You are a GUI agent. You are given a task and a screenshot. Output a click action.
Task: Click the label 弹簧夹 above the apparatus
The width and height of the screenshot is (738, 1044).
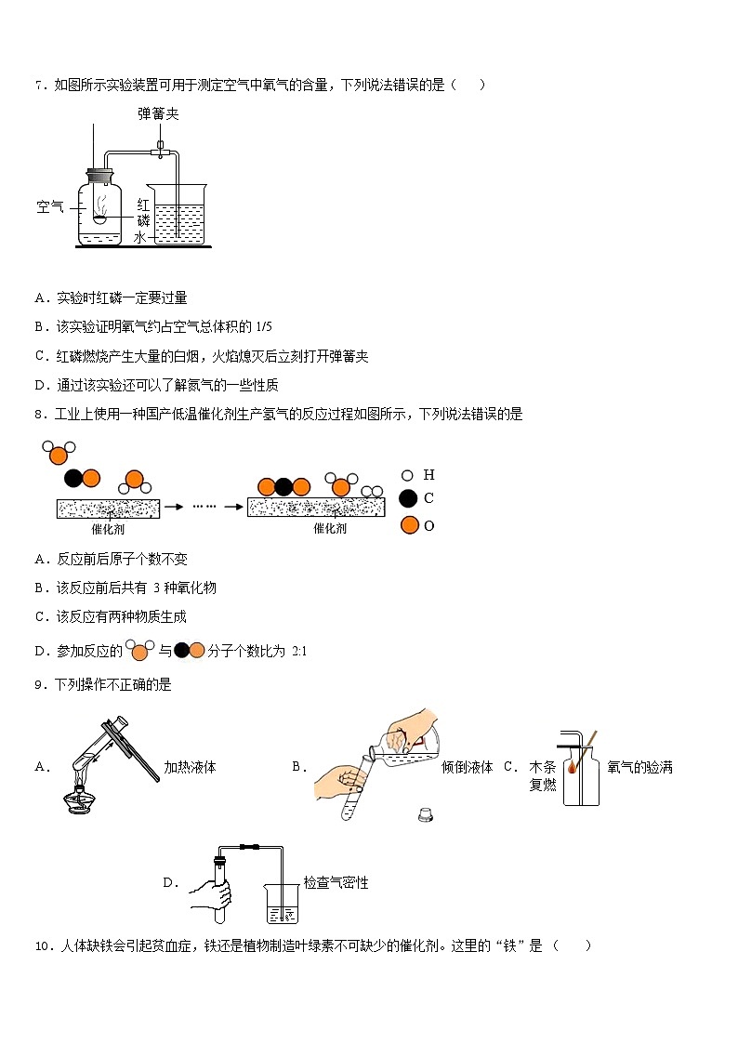click(x=158, y=113)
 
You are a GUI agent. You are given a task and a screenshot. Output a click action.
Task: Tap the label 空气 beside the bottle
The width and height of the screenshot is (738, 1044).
click(x=50, y=207)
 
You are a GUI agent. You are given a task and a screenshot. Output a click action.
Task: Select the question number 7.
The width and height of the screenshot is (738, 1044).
click(x=40, y=86)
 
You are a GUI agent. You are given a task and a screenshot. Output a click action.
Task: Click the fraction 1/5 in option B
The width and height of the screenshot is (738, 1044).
click(x=263, y=326)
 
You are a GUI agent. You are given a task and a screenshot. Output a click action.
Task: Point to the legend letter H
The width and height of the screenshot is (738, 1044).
click(x=428, y=474)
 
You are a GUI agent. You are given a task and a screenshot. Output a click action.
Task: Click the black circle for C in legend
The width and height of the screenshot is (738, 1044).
click(x=408, y=498)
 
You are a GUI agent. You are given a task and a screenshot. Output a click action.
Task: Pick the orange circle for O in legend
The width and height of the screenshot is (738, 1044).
click(x=408, y=525)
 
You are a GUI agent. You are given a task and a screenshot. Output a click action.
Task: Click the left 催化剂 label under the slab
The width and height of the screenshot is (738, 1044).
click(x=109, y=528)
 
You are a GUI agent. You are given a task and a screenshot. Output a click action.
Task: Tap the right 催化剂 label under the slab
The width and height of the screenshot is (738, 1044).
click(x=330, y=528)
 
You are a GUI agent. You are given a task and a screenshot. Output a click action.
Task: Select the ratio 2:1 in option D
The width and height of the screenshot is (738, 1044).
click(x=298, y=652)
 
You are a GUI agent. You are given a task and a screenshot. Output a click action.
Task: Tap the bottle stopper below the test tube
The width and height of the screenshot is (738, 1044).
click(x=426, y=815)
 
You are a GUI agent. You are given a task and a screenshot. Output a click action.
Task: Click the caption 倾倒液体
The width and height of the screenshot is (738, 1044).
click(x=467, y=768)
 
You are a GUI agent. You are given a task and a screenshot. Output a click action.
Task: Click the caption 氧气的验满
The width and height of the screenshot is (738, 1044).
click(x=639, y=768)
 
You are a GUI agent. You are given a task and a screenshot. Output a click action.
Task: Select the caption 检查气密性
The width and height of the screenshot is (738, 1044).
click(x=336, y=882)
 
